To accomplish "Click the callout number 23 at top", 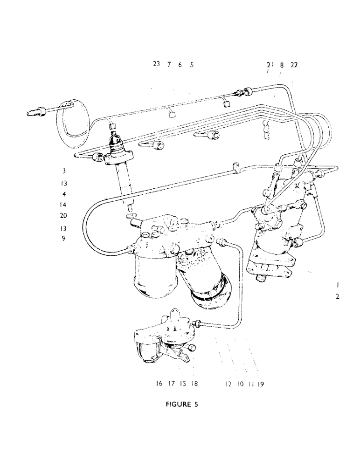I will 156,65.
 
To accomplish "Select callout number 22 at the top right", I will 294,65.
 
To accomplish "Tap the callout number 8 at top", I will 282,65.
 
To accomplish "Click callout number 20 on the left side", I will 64,216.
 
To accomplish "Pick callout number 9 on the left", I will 64,239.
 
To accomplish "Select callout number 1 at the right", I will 337,284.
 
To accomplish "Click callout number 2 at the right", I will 337,296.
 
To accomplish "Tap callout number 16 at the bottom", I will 159,384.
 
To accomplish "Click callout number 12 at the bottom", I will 228,384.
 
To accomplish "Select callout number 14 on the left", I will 64,205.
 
